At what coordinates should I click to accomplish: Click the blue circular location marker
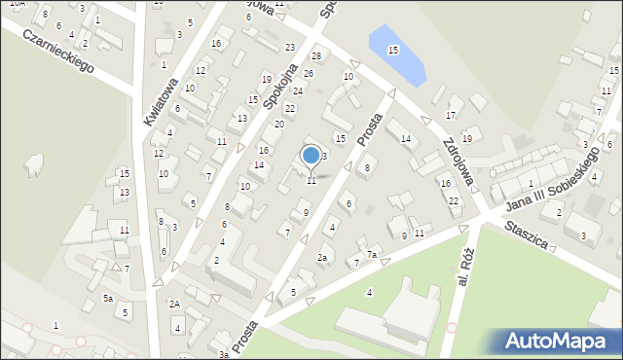click(x=311, y=155)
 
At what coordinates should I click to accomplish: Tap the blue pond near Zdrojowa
click(x=397, y=54)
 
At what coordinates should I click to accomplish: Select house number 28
click(x=316, y=56)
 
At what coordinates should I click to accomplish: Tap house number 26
click(x=309, y=74)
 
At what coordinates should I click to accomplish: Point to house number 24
click(x=298, y=90)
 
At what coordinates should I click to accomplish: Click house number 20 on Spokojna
click(x=279, y=124)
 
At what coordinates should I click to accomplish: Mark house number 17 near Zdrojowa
click(x=451, y=116)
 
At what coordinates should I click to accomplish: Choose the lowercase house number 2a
click(x=322, y=257)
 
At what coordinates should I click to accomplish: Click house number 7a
click(x=371, y=255)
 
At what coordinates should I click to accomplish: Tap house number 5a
click(x=109, y=298)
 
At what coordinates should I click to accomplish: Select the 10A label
click(x=18, y=5)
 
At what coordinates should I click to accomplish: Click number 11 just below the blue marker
click(x=311, y=181)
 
